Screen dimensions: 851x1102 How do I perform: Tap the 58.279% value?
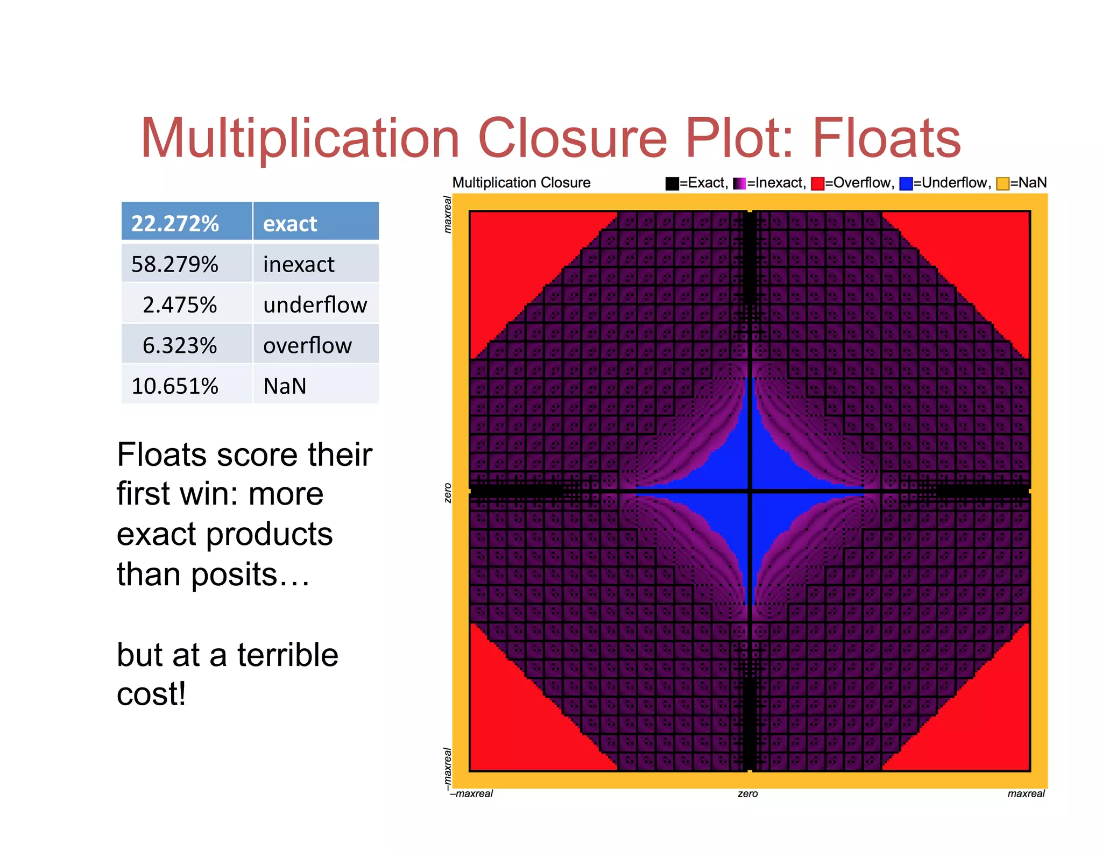pos(175,264)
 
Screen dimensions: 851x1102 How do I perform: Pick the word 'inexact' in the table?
pos(299,264)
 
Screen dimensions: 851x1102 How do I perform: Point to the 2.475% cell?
pos(180,305)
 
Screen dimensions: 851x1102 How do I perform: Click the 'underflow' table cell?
pos(315,305)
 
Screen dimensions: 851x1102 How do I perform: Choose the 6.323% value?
pos(180,345)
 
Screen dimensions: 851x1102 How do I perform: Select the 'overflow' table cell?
pos(307,345)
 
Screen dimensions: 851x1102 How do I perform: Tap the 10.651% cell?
pos(175,386)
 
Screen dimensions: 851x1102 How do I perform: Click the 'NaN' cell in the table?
pos(285,386)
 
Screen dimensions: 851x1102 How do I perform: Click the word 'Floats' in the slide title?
pos(886,139)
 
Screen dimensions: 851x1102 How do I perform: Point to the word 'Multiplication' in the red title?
pos(300,139)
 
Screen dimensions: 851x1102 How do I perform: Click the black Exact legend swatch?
pos(672,183)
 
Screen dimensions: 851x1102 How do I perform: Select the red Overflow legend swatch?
pos(817,183)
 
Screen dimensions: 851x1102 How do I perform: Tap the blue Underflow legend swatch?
pos(906,183)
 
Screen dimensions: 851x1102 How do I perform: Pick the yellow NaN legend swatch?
pos(1002,183)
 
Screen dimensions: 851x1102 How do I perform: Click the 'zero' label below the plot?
pos(747,793)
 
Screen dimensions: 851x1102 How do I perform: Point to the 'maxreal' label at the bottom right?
pos(1026,793)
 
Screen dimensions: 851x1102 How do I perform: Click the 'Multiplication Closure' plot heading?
pos(521,182)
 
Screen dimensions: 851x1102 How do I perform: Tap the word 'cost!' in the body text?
pos(151,694)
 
